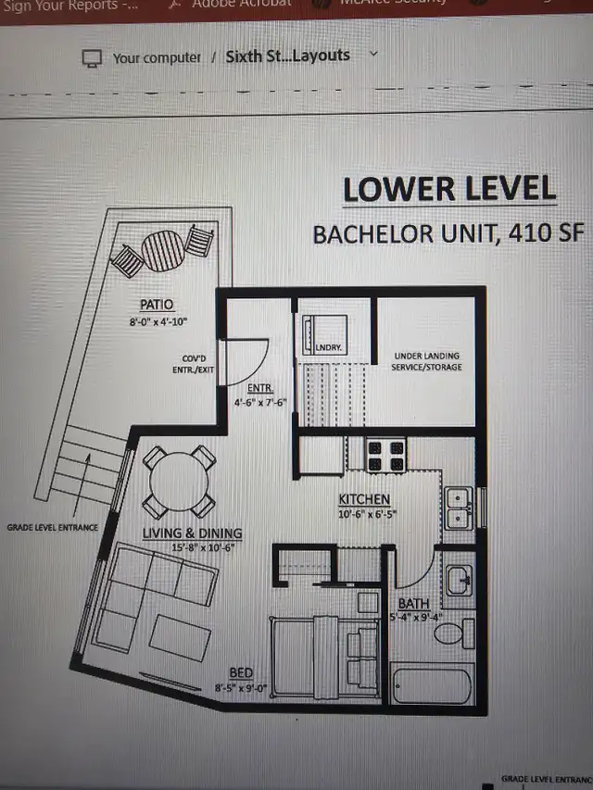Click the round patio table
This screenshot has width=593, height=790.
tap(164, 250)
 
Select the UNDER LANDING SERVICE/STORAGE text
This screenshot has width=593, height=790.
tap(427, 362)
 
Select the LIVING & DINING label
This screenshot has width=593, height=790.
tap(192, 533)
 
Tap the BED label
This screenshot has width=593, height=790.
tap(241, 673)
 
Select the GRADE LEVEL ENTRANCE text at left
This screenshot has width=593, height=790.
tap(52, 527)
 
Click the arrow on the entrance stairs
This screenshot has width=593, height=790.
tap(88, 468)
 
